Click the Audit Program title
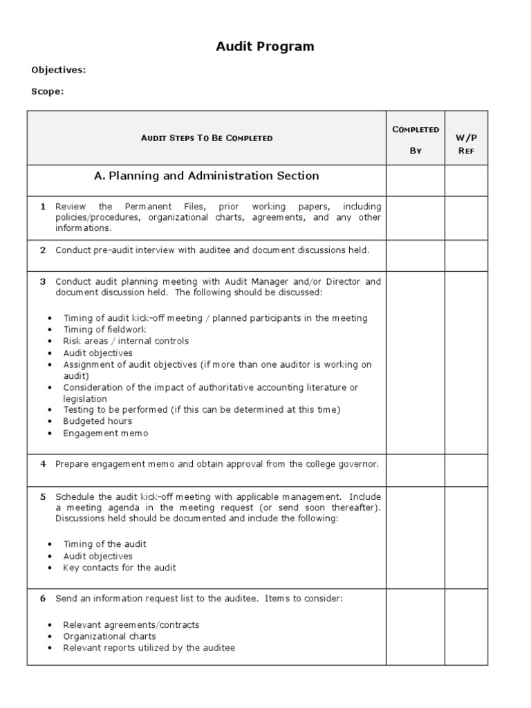[265, 47]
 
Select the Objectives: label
[59, 70]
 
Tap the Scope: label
[48, 91]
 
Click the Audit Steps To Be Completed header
[207, 138]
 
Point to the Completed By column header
[416, 140]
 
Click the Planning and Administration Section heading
[207, 176]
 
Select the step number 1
[43, 206]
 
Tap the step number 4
[43, 464]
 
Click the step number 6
[43, 598]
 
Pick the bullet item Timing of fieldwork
[105, 330]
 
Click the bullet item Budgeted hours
[97, 421]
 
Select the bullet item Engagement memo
[106, 433]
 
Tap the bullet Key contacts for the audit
[120, 568]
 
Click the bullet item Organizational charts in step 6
[109, 636]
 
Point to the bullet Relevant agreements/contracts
[131, 624]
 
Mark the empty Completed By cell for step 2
[416, 255]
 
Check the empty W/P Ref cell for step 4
[466, 469]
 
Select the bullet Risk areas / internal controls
[126, 341]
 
